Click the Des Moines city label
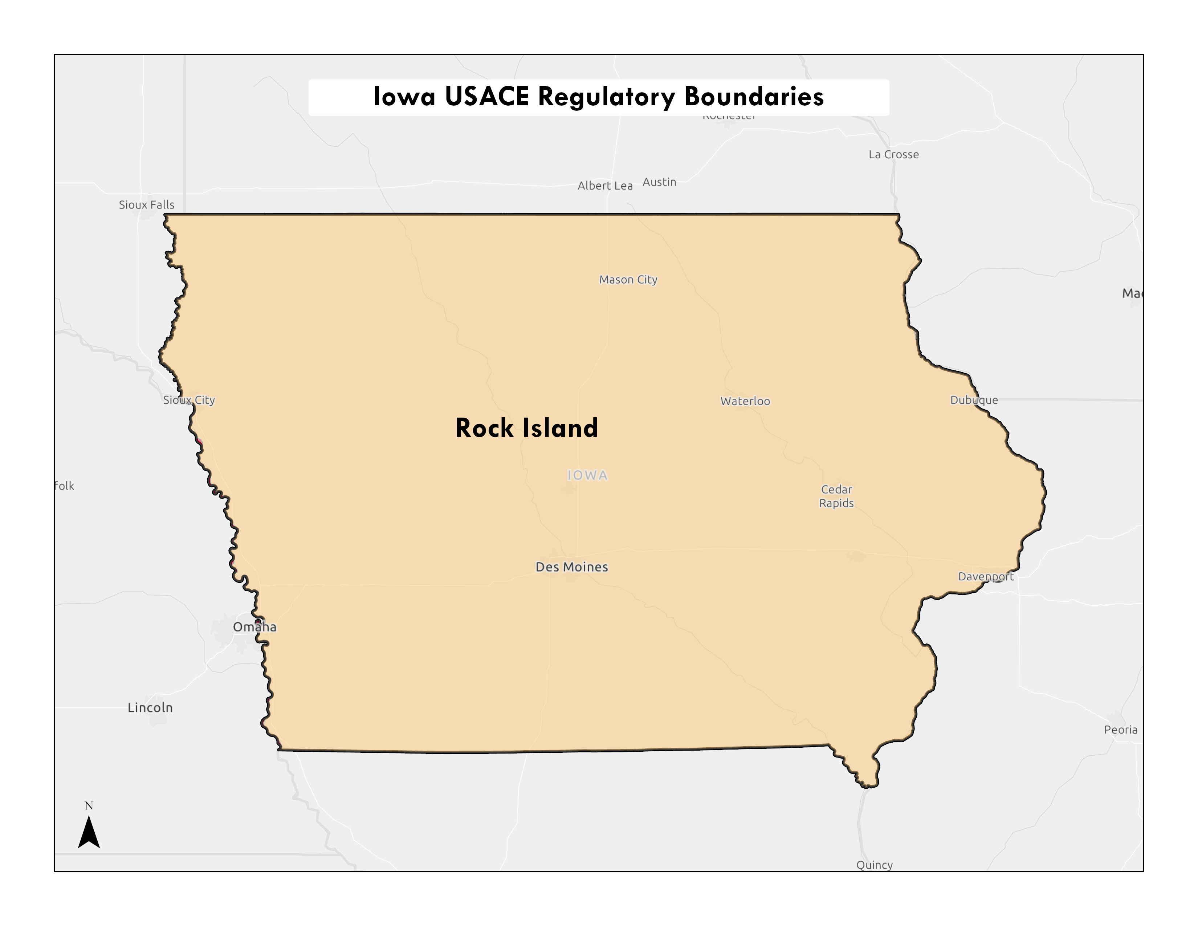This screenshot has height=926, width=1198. pos(571,567)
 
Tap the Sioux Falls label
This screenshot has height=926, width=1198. pos(146,204)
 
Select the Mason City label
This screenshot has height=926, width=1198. pos(628,280)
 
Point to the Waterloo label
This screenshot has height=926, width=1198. pos(745,401)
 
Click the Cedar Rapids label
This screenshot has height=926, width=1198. pos(836,496)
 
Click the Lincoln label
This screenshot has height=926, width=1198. pos(150,708)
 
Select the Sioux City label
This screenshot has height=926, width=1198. pos(189,400)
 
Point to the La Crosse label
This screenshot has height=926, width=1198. pos(893,155)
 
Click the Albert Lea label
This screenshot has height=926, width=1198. pos(605,186)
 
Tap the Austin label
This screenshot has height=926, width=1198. pos(659,182)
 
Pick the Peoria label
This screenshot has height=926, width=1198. pos(1121,730)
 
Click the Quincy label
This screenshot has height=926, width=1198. pos(875,865)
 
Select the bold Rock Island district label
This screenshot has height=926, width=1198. pos(527,428)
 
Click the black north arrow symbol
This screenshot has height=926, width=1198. pos(89,832)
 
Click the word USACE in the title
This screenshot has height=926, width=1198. pos(486,97)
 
